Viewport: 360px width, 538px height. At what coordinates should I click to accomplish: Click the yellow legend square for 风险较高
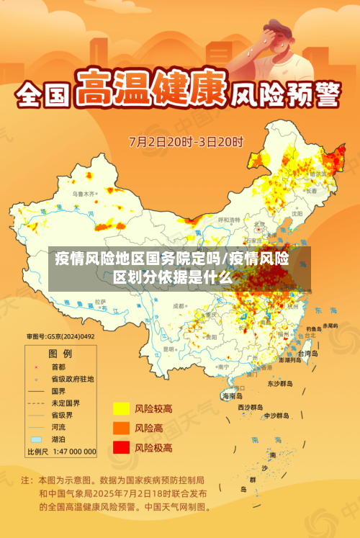120,409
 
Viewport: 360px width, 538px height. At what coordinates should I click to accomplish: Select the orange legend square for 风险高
120,429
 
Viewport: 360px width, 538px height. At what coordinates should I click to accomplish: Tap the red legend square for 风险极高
120,447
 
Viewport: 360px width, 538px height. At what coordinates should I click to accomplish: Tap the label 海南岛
232,396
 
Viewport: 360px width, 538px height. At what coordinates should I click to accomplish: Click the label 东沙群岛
280,383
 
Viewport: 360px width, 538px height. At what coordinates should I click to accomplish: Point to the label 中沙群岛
276,416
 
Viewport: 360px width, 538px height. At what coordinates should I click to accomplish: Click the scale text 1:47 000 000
71,452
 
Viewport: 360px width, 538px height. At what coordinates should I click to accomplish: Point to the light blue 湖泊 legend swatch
35,439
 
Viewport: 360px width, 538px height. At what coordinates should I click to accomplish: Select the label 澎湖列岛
294,359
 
